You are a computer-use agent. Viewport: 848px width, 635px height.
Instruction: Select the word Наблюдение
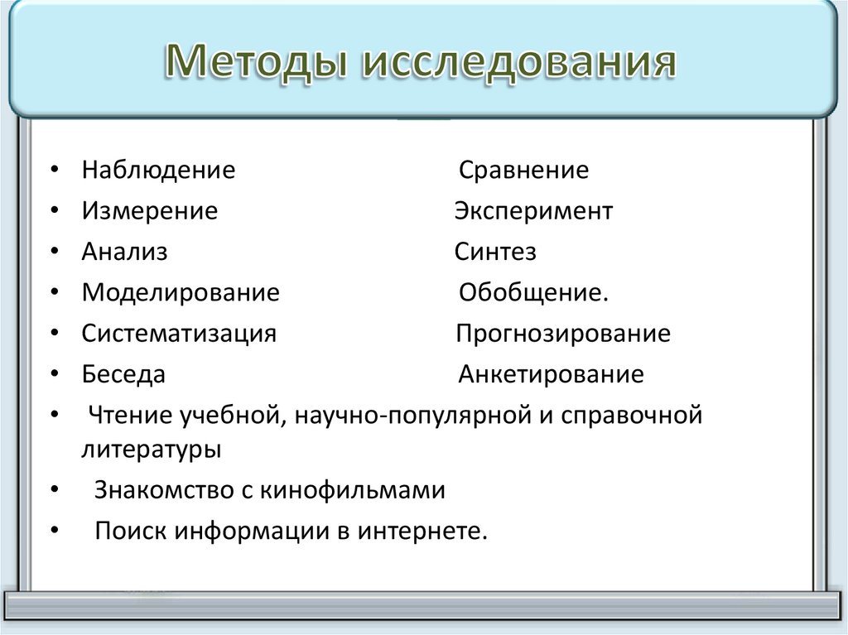(158, 171)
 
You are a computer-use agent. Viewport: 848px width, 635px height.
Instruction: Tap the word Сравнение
(523, 171)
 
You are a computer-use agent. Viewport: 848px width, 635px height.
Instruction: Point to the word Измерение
(149, 211)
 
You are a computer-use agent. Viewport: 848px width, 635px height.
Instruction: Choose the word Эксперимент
(533, 211)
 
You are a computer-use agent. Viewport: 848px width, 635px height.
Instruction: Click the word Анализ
(124, 252)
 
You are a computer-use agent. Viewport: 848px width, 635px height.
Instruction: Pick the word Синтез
(495, 252)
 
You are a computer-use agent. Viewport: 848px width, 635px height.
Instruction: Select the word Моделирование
(181, 292)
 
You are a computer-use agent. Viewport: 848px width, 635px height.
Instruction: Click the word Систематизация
(179, 334)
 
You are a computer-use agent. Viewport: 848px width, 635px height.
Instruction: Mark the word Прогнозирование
(563, 334)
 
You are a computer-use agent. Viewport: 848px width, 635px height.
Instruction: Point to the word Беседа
(123, 374)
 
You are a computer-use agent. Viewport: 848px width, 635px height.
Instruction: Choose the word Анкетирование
(551, 374)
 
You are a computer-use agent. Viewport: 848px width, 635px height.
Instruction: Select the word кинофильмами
(354, 490)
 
